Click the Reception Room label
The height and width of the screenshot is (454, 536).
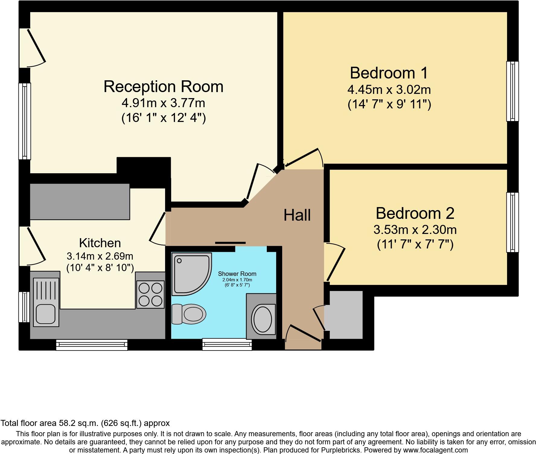click(x=163, y=87)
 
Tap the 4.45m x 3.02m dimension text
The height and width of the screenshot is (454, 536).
click(x=389, y=90)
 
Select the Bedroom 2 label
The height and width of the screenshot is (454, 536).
click(x=415, y=213)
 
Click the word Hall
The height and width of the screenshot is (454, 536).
click(x=297, y=216)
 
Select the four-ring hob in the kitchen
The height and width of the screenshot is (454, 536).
click(x=150, y=294)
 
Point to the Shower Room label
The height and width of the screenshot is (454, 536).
click(x=237, y=274)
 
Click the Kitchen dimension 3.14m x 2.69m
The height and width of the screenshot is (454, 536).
click(x=100, y=256)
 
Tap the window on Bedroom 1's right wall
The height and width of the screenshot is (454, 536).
click(x=512, y=91)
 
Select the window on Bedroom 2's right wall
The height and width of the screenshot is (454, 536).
click(x=512, y=222)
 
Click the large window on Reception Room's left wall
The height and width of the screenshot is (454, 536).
click(x=25, y=121)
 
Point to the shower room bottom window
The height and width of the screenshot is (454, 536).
click(x=227, y=344)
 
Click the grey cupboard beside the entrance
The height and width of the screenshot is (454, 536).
click(x=346, y=315)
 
